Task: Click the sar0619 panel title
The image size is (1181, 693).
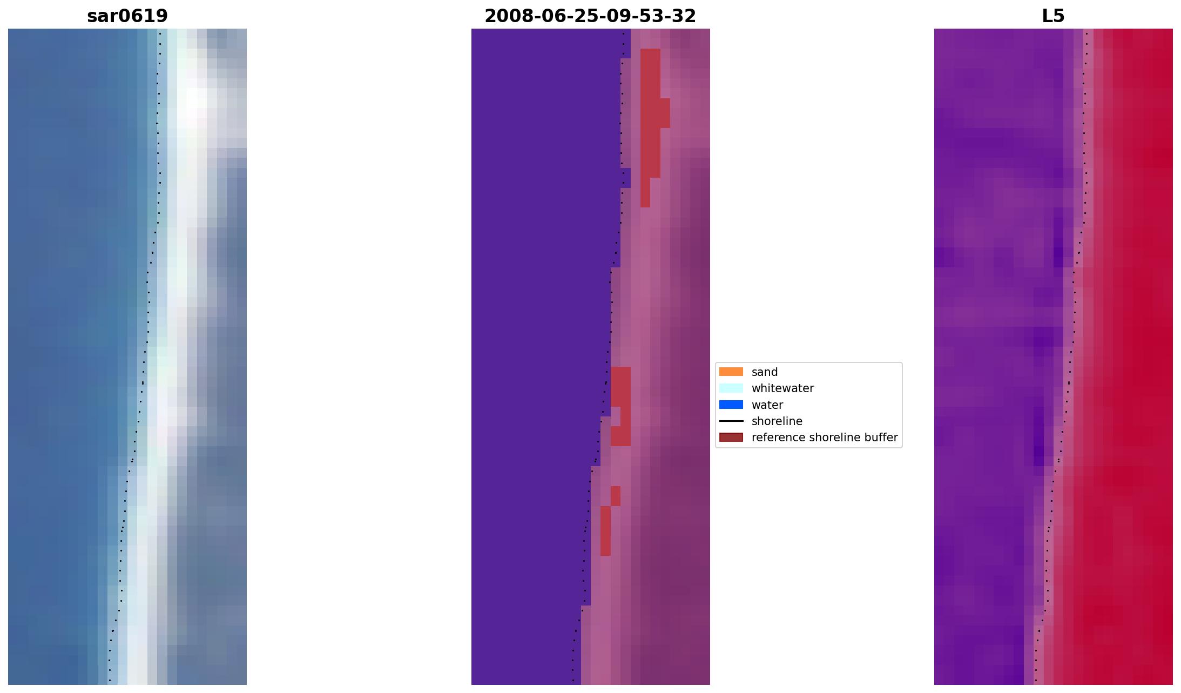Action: [127, 16]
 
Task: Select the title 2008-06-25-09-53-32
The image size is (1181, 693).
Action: [590, 16]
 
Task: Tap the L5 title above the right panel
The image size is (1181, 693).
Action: [1053, 16]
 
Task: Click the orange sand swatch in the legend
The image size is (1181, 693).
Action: [731, 372]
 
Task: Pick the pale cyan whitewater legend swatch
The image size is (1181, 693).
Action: [731, 388]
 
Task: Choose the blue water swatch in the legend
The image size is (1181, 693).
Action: [731, 405]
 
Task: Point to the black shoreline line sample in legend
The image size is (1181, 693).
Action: [731, 421]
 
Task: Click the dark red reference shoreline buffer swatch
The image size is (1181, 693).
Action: [731, 437]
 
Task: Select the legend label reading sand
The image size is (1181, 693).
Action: [764, 372]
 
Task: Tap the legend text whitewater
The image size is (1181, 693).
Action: [782, 388]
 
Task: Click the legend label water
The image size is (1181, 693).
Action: [767, 405]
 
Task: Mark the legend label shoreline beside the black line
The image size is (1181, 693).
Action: [777, 421]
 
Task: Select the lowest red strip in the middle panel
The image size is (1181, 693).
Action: [605, 530]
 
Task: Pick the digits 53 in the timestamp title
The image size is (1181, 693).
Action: [649, 16]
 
